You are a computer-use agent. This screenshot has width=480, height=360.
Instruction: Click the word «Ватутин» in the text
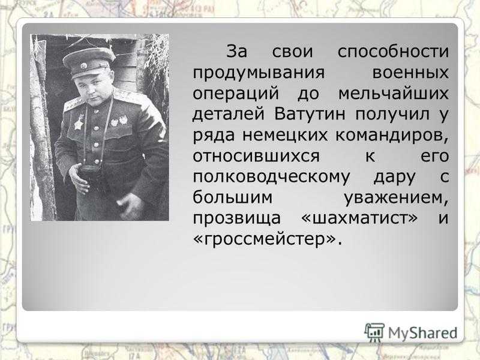310,114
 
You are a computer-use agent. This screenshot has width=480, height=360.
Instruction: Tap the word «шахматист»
359,218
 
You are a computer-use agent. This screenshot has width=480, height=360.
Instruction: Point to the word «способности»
393,52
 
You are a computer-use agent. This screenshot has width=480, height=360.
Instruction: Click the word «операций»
236,94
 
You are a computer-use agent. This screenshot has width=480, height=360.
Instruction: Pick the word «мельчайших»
394,94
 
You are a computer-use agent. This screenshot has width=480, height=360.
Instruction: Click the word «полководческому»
271,177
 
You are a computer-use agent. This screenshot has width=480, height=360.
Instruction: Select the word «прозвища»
236,218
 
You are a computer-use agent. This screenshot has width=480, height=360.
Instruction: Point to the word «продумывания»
259,73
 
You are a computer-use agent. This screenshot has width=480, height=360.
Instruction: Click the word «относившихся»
256,156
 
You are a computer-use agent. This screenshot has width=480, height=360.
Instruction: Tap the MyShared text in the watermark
422,333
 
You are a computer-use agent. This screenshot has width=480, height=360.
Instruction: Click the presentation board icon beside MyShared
374,332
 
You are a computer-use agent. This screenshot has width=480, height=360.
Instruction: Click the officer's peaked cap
89,62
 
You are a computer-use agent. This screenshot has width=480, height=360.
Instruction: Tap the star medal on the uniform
79,122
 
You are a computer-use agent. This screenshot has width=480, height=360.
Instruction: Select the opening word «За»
236,52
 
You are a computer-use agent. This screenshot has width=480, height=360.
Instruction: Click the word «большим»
233,198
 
